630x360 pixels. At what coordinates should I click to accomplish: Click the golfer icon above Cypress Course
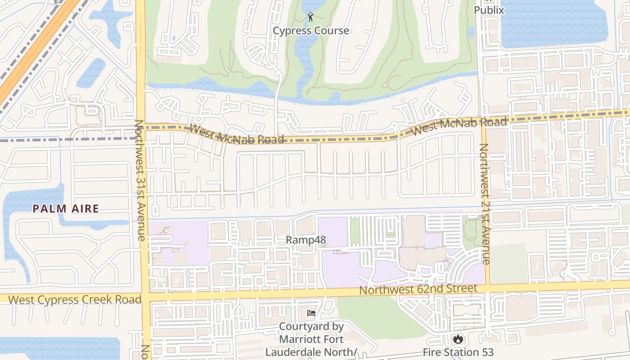point(310,18)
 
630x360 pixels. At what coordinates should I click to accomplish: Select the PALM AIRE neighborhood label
point(65,208)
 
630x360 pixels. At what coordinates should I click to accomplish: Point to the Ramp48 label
point(306,240)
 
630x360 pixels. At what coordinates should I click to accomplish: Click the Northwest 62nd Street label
point(418,289)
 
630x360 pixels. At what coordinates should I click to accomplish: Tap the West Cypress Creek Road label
point(75,299)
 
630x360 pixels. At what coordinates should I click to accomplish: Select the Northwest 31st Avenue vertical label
point(140,180)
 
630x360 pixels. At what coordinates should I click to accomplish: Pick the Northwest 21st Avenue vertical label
point(484,203)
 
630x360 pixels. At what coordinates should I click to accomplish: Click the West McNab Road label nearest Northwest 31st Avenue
point(237,135)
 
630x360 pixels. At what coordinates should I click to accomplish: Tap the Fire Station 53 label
point(458,352)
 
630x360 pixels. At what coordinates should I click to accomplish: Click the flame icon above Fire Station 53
point(458,338)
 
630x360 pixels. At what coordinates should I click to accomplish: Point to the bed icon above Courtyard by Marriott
point(311,313)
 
